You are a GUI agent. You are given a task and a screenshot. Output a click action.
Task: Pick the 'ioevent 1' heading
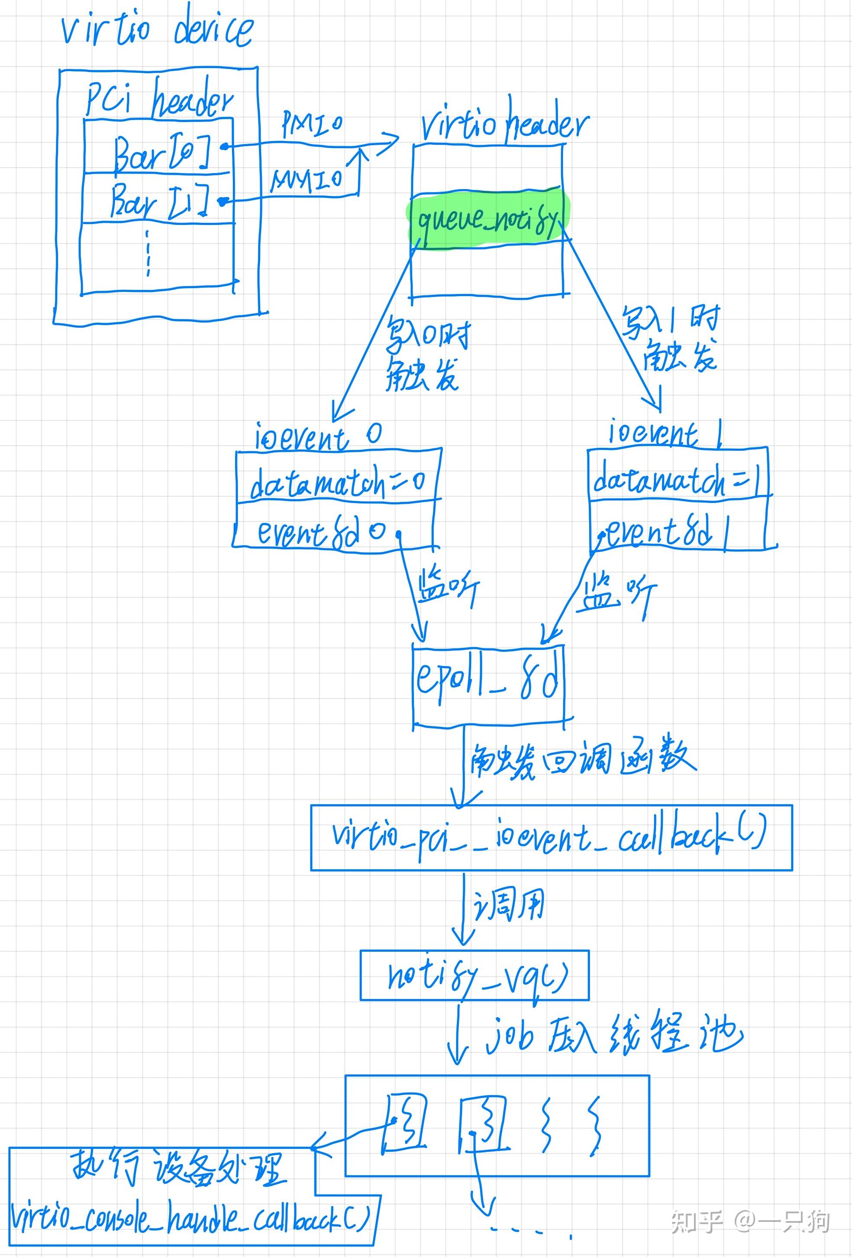[665, 433]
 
